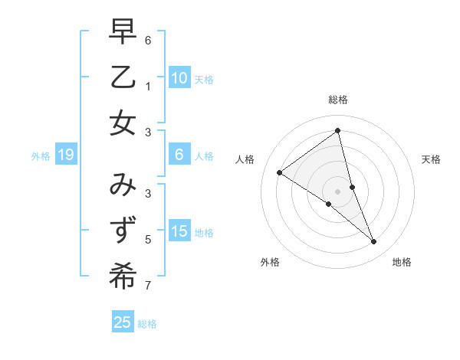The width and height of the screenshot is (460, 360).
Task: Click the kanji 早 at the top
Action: (123, 33)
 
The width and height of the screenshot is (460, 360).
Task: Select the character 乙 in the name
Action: (123, 77)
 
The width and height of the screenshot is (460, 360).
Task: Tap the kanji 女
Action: (123, 123)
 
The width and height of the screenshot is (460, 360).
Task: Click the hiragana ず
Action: (123, 231)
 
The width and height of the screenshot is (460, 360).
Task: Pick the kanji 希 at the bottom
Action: (123, 277)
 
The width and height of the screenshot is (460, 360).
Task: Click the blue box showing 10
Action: (179, 78)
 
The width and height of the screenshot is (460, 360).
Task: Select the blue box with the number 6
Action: (179, 155)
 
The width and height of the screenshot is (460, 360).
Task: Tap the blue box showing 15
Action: (179, 232)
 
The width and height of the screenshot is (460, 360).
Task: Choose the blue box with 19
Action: (65, 155)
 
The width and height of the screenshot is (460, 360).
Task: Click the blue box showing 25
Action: (123, 322)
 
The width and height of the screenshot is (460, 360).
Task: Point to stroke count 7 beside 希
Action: (148, 286)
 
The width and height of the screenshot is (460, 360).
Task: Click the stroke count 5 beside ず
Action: (148, 240)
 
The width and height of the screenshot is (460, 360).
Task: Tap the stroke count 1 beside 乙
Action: (148, 87)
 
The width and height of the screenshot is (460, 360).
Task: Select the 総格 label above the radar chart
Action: (338, 100)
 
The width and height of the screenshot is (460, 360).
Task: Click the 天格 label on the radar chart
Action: (431, 159)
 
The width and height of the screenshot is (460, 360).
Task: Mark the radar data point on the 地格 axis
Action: (374, 242)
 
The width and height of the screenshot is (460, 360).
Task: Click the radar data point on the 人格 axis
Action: (279, 172)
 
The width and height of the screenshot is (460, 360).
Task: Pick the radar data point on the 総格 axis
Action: (338, 130)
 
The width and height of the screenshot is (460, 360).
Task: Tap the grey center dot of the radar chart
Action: (338, 191)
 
